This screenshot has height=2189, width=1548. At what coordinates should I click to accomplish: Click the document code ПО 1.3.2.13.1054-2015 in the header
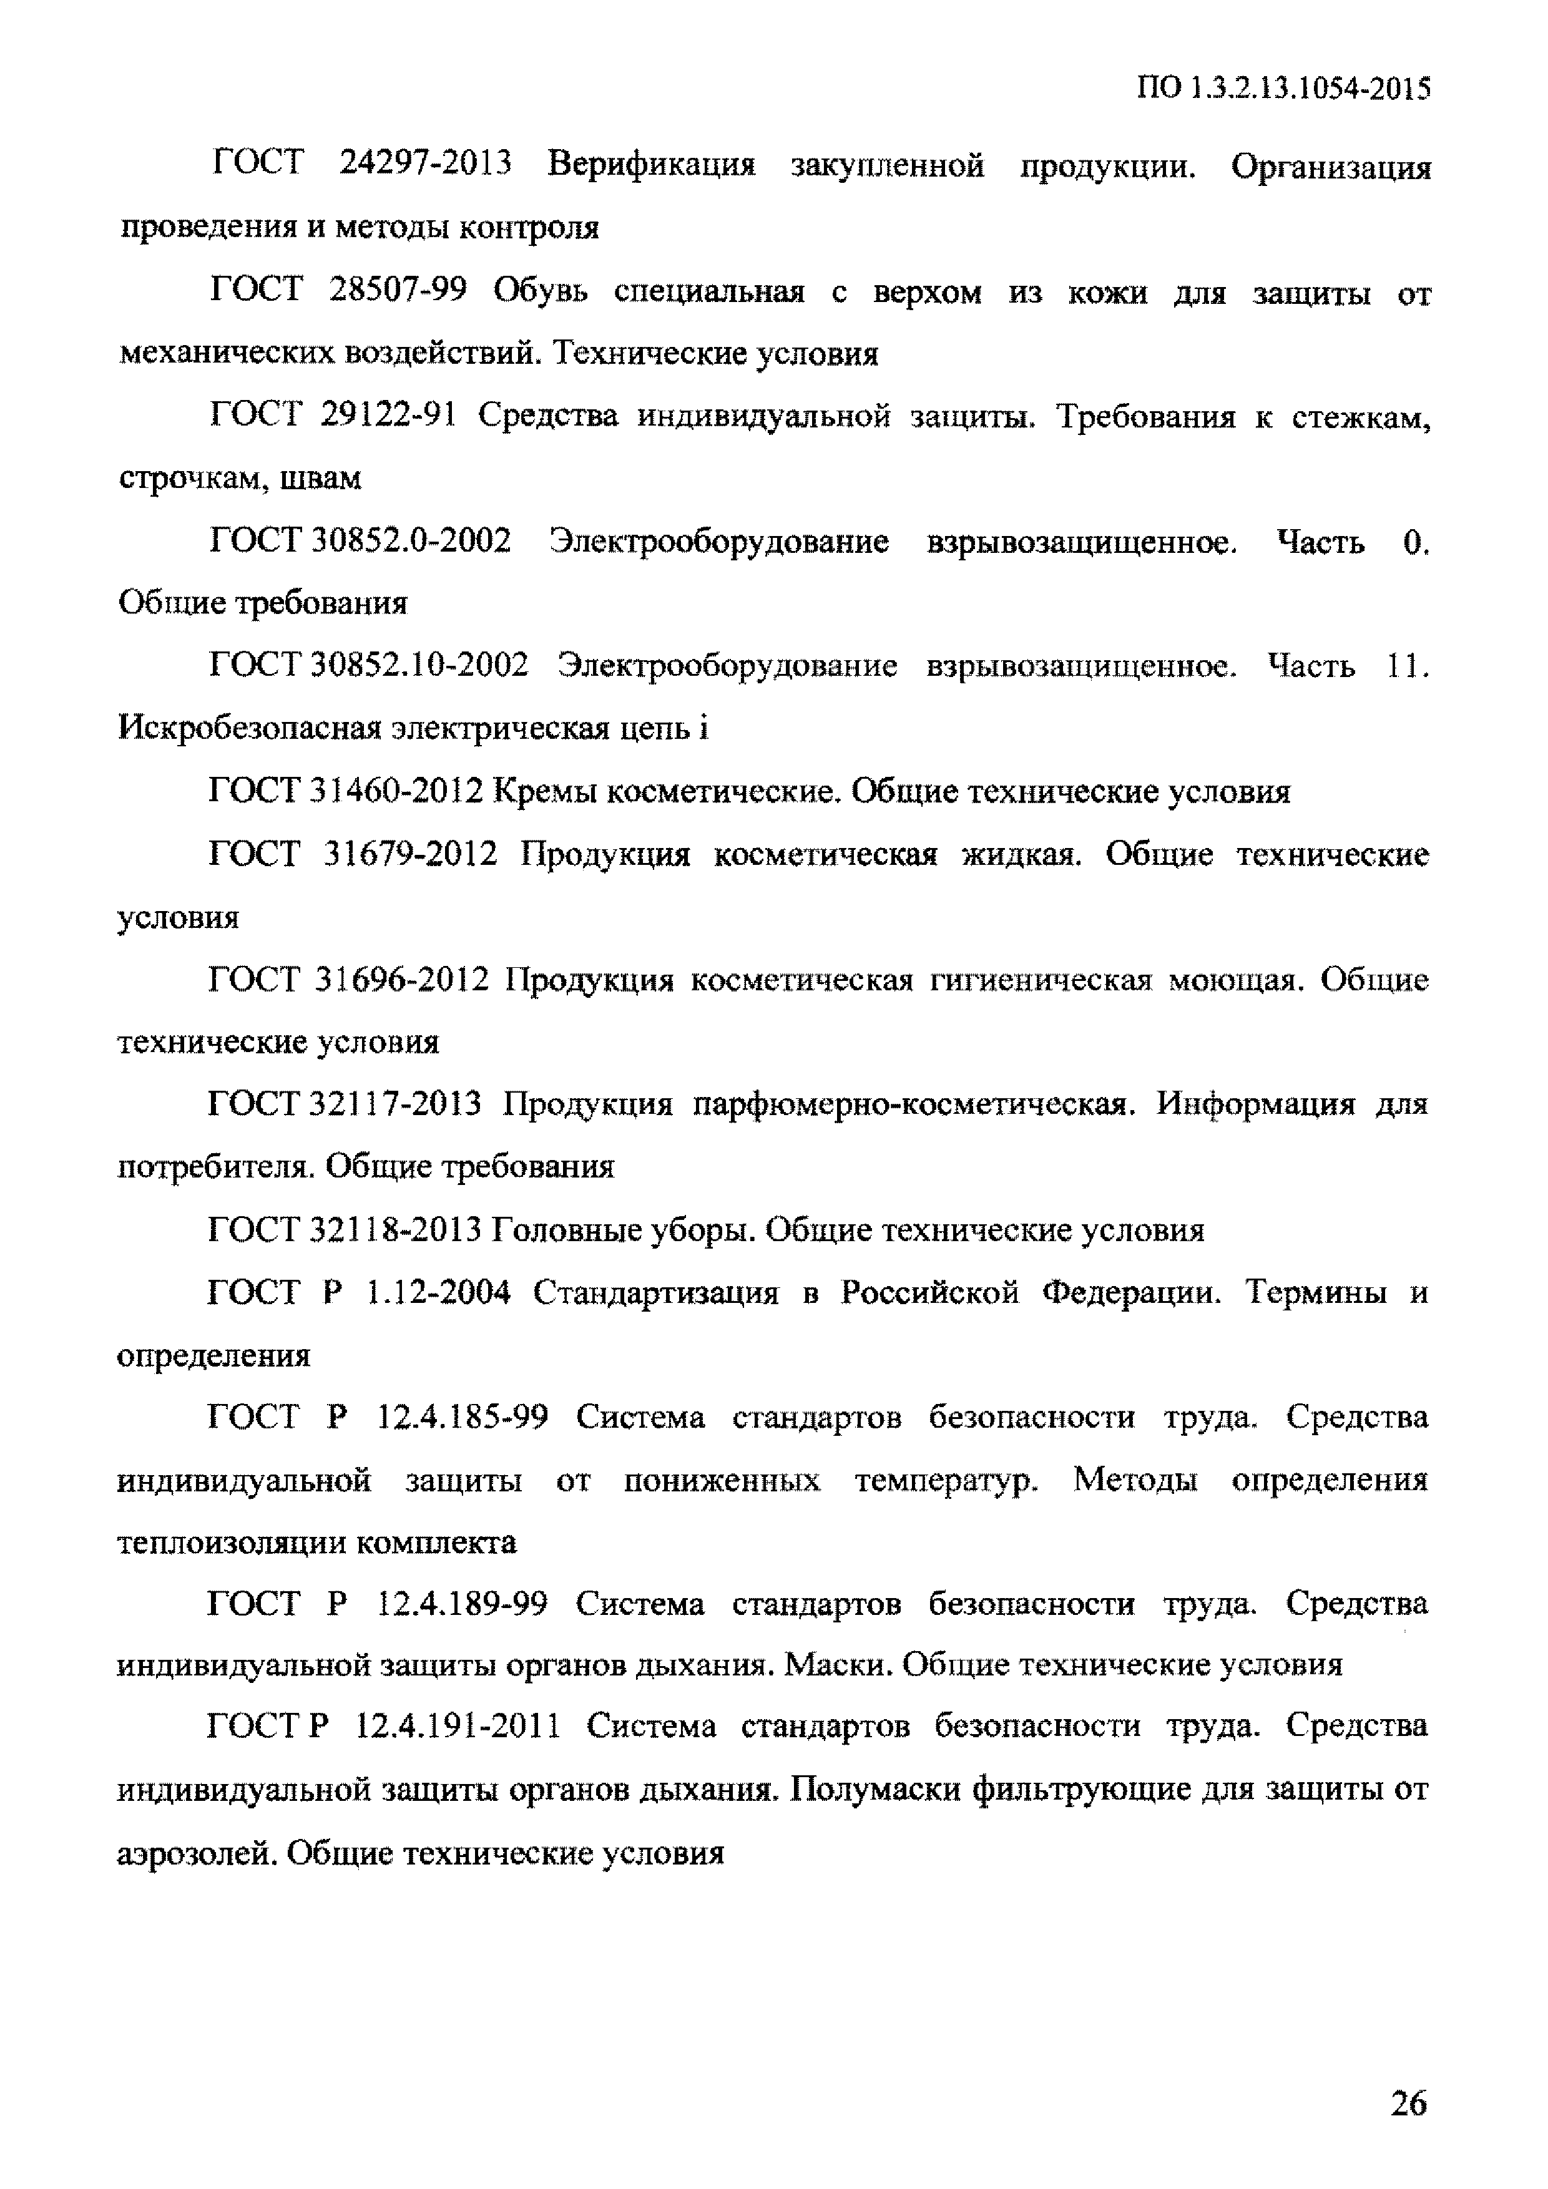coord(1283,90)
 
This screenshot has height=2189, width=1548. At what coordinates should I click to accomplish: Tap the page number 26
coord(1408,2103)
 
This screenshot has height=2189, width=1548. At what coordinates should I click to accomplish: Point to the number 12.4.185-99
coord(463,1418)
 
